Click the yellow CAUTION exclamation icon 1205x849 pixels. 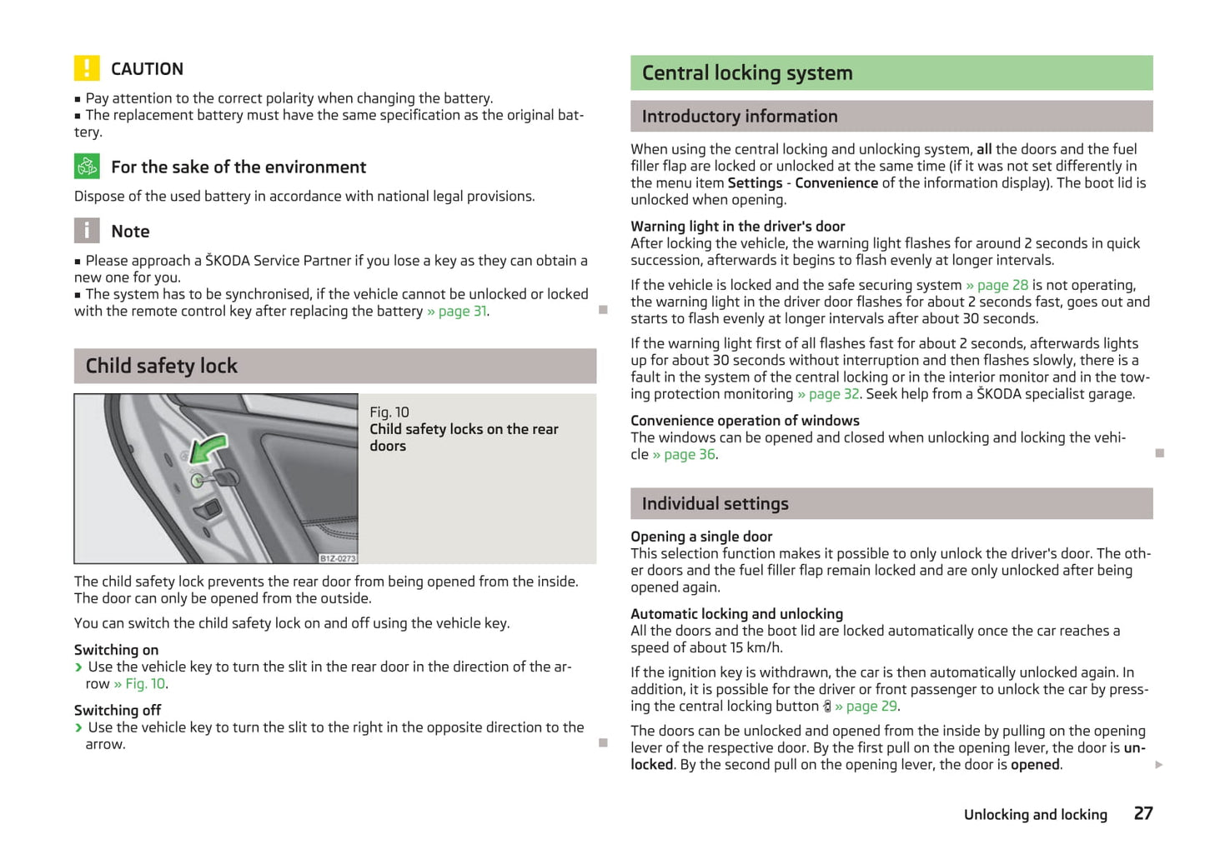[x=87, y=68]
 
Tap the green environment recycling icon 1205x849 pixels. [x=87, y=167]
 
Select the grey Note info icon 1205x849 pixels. [x=87, y=231]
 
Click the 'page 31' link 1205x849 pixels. [x=463, y=312]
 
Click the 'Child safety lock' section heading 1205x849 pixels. [x=162, y=366]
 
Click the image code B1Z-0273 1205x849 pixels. [x=338, y=558]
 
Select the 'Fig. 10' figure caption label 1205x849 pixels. [x=389, y=412]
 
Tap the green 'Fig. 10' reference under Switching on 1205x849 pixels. [x=146, y=684]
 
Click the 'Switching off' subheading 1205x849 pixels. [x=118, y=711]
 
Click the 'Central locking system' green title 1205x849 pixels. [x=747, y=73]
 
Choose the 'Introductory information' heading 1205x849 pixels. [x=740, y=117]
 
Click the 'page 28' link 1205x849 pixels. [x=1002, y=285]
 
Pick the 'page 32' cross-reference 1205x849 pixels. [x=833, y=394]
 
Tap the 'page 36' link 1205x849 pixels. [x=689, y=455]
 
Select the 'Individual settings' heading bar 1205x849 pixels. [x=715, y=504]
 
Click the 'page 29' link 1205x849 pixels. [x=871, y=707]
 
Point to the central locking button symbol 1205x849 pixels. [x=826, y=707]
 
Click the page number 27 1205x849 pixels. [x=1142, y=813]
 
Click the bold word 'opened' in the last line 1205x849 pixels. [x=1035, y=765]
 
